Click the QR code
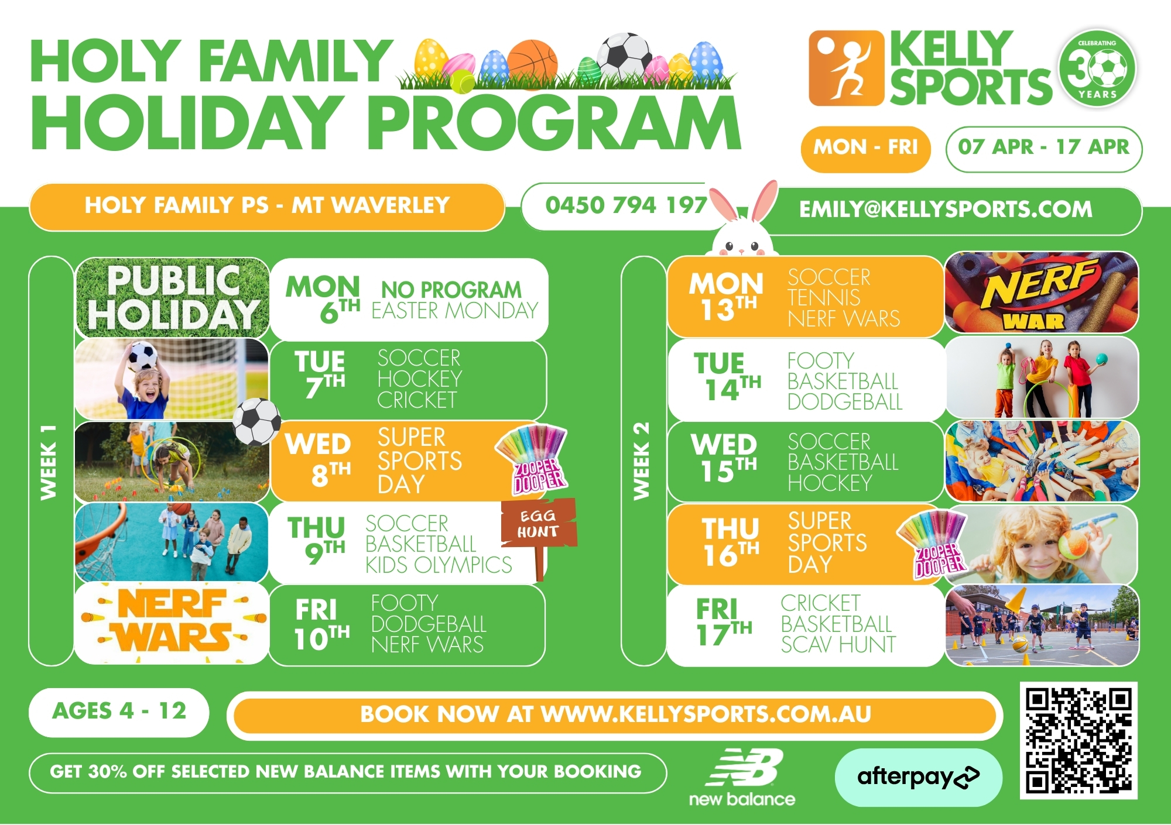pos(1078,740)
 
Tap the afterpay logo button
pos(918,777)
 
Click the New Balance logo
pos(742,778)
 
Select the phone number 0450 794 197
pos(626,205)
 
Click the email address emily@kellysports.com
pos(946,209)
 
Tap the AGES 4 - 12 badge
pos(119,711)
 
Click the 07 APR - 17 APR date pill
pos(1043,147)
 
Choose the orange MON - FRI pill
pos(865,148)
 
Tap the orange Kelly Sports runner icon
pos(846,68)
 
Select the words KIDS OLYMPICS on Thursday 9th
pos(439,565)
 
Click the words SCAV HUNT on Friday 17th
pos(838,645)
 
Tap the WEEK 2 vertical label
pos(642,461)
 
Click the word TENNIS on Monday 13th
pos(824,298)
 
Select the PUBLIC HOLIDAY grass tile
pos(172,298)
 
